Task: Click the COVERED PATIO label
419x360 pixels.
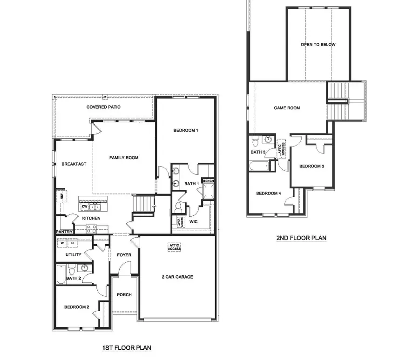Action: [x=103, y=107]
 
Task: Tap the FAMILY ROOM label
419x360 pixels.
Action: [x=124, y=158]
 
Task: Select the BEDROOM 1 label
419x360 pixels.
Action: [x=186, y=130]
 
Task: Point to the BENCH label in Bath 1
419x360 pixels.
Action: [x=208, y=181]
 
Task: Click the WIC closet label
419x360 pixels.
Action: [x=194, y=222]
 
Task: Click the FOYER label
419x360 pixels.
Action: [x=124, y=255]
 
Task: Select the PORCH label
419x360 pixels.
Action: [x=124, y=295]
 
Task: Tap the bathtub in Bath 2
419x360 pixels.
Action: [x=60, y=274]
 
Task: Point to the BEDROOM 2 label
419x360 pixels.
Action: [x=76, y=307]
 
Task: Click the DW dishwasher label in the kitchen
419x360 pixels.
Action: [x=85, y=207]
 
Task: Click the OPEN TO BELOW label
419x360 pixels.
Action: [x=318, y=45]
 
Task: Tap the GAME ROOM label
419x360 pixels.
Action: [x=287, y=108]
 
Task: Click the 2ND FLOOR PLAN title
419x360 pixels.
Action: [x=301, y=238]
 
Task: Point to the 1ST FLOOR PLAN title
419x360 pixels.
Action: [x=127, y=347]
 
